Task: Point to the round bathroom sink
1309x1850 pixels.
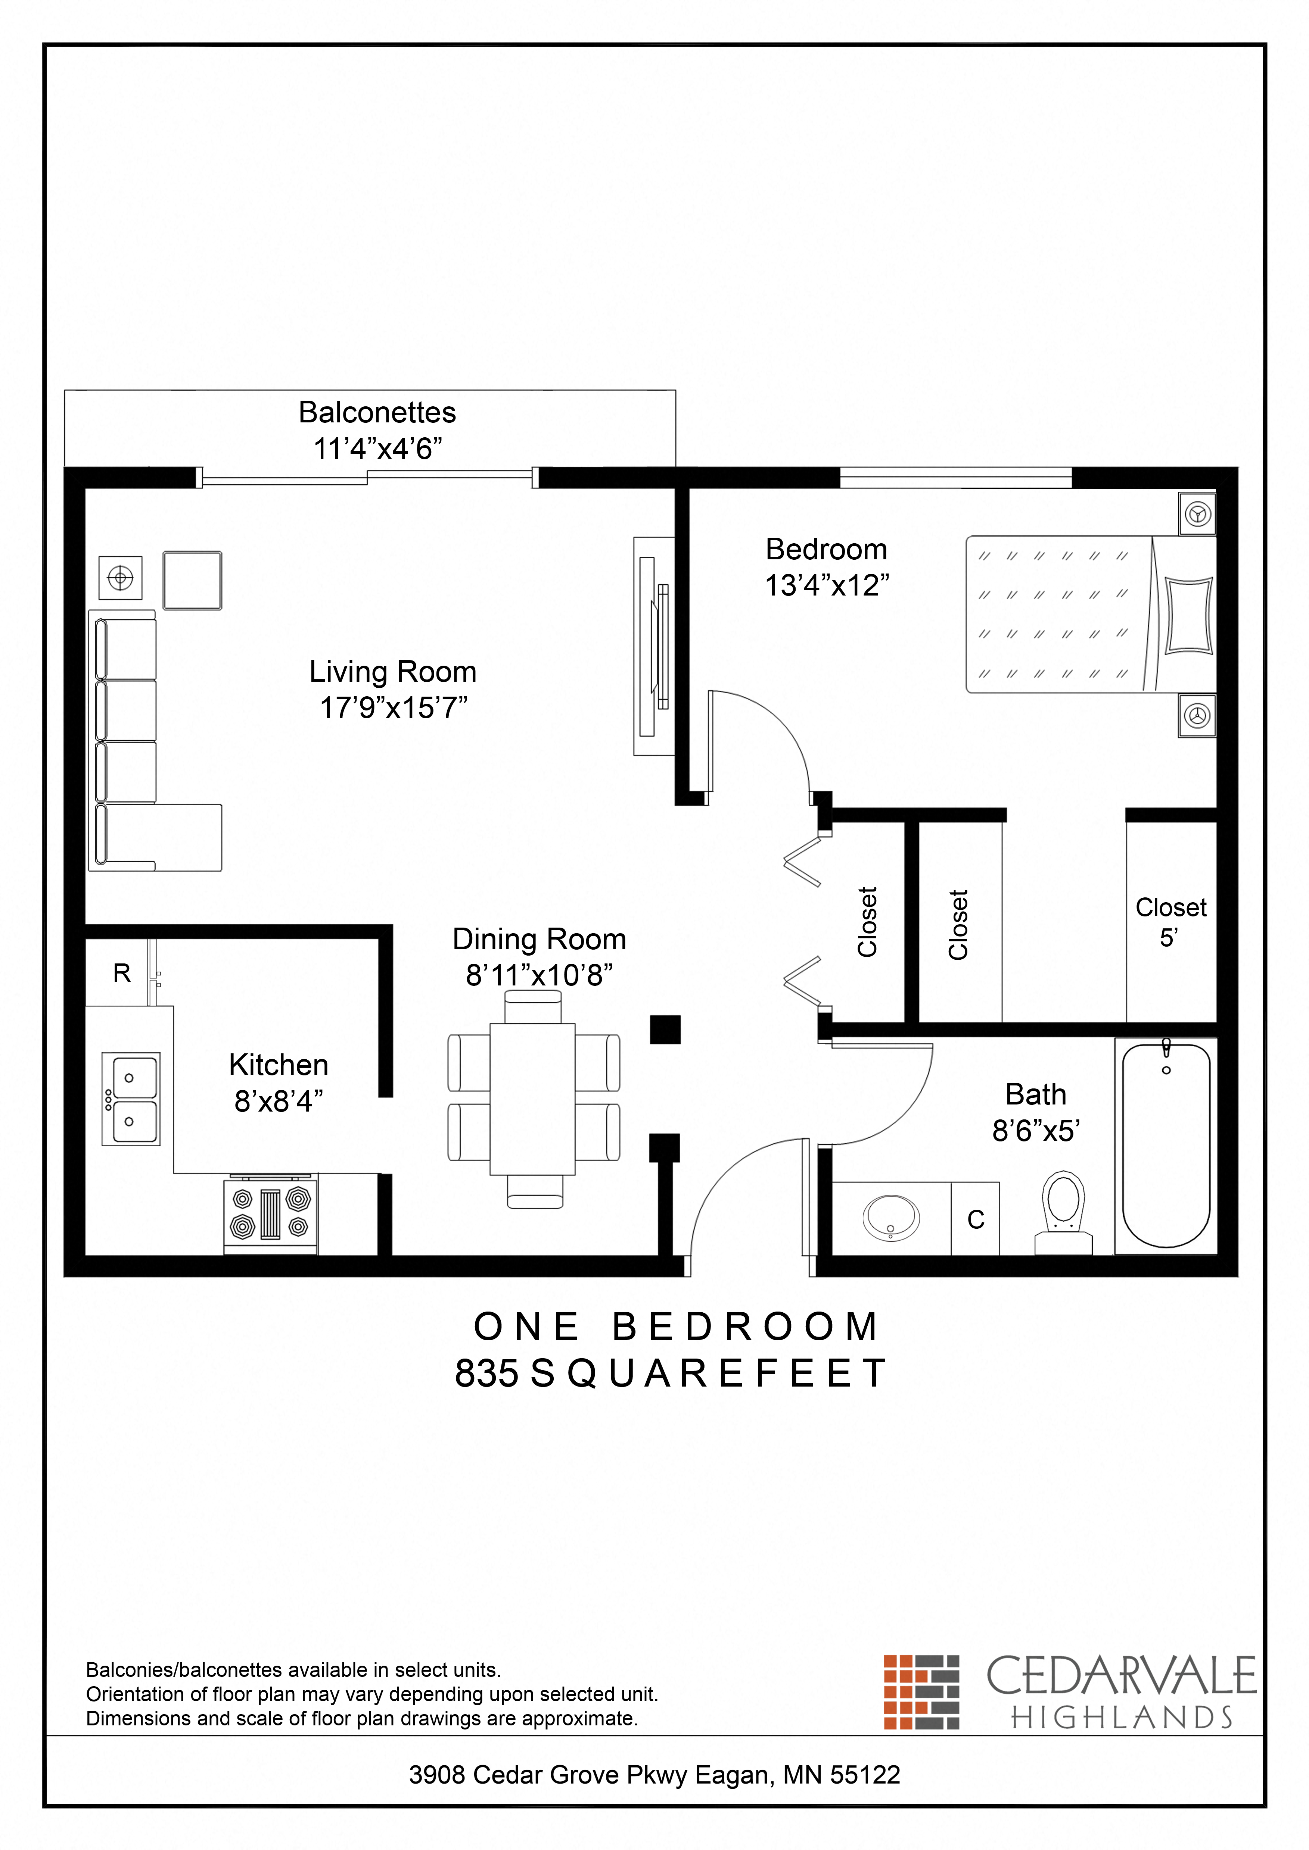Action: (891, 1217)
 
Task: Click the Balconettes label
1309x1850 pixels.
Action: (377, 413)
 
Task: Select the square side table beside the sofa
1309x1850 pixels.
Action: (193, 580)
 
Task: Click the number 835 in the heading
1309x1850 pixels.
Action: (487, 1374)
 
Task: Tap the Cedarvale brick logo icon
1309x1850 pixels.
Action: (921, 1692)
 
